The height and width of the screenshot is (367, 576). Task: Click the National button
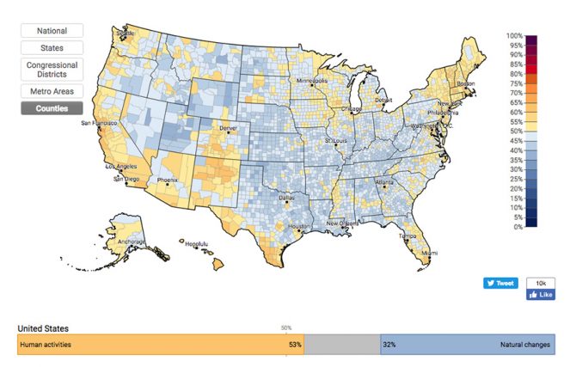52,30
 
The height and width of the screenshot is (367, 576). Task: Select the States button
52,48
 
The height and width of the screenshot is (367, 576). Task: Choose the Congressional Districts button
52,70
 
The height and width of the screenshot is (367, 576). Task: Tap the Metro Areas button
52,91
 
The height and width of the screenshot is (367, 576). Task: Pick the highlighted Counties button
52,108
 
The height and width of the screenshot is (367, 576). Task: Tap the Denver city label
228,128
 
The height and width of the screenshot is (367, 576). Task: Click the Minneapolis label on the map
314,82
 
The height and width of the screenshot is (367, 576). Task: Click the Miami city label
429,253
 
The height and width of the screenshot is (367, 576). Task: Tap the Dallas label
287,197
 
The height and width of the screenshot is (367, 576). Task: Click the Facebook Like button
541,294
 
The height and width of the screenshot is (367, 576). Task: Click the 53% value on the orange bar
294,345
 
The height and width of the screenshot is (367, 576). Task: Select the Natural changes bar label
524,345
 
